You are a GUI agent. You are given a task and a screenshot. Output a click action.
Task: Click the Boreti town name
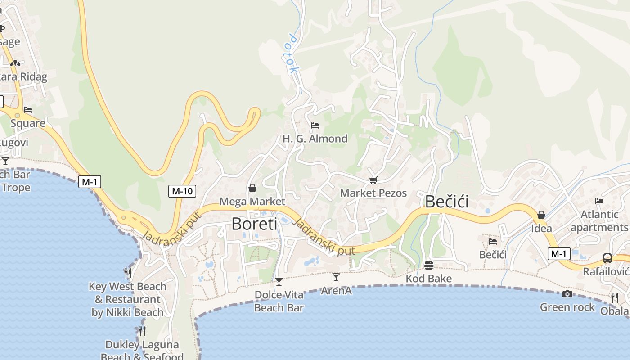(254, 224)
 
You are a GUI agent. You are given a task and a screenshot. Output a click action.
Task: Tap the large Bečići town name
(446, 201)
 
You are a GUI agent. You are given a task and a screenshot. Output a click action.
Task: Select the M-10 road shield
(182, 191)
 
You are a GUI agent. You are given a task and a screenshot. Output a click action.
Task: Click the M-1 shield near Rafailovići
(558, 254)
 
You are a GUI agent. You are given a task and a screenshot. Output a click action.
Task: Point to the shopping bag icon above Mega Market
(252, 188)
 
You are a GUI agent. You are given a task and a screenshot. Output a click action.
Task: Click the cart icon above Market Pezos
(373, 180)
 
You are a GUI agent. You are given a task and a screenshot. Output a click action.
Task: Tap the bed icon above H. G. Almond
(315, 125)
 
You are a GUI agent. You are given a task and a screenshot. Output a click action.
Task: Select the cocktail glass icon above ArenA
(336, 277)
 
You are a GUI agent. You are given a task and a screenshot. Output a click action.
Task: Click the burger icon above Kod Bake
(428, 265)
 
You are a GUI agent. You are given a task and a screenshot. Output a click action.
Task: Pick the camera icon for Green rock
(567, 294)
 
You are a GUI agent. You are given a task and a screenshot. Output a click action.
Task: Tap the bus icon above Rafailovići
(607, 258)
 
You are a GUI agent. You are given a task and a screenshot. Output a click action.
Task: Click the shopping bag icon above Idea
(541, 215)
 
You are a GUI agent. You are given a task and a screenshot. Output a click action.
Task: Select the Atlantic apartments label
(599, 221)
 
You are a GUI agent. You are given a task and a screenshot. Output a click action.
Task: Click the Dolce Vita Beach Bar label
(279, 301)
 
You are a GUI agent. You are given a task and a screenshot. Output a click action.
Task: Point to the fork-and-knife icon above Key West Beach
(128, 273)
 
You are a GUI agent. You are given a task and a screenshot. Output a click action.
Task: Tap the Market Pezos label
(373, 193)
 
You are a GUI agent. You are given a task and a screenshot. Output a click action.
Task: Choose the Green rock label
(567, 307)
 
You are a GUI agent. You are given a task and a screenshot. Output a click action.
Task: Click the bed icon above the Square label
(28, 110)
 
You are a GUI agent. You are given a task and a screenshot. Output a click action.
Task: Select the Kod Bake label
(428, 279)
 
